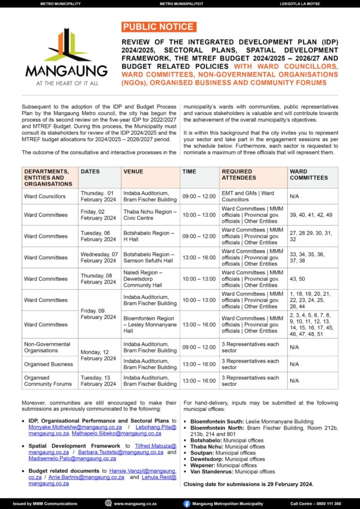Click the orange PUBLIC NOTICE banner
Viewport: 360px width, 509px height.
click(159, 27)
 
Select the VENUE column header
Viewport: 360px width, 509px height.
click(133, 172)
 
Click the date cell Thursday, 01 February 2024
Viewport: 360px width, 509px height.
click(97, 196)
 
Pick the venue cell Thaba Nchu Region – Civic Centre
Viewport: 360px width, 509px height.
click(150, 215)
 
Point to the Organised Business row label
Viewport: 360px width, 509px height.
click(48, 364)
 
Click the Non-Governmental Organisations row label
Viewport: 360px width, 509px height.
click(47, 347)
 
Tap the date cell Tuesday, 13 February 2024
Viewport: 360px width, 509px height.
click(98, 381)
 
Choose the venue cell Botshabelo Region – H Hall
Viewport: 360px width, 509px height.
click(149, 236)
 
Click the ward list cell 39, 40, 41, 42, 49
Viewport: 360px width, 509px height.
click(311, 215)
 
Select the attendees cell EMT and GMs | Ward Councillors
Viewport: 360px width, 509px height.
click(248, 196)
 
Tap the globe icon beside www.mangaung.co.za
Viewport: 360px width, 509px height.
click(108, 503)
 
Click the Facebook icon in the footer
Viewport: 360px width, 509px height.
click(186, 503)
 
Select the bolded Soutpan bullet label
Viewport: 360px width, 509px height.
click(201, 453)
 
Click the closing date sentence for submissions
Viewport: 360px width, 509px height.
click(248, 484)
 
